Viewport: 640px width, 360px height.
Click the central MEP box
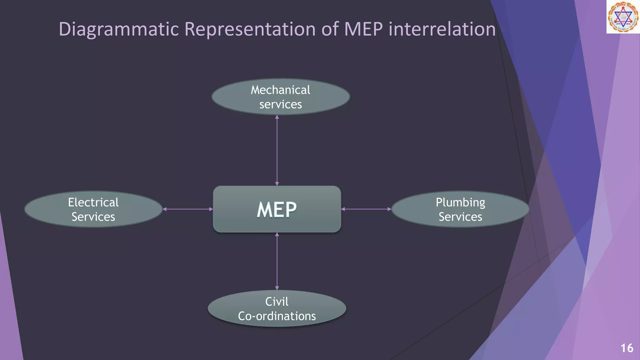point(277,209)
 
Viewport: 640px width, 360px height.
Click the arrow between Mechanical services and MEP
point(277,150)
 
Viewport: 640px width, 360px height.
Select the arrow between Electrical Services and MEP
point(187,209)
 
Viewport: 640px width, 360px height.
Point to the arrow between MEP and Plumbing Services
point(366,209)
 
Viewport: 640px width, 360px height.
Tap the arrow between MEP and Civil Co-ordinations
point(277,261)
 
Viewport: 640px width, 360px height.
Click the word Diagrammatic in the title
point(119,29)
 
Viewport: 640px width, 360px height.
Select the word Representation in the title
point(250,29)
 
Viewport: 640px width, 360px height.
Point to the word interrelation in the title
point(442,29)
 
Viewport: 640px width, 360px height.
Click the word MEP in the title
point(363,29)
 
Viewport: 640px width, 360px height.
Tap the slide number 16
point(627,348)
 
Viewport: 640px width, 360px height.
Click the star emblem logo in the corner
point(623,17)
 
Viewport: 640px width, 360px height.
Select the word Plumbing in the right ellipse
point(460,202)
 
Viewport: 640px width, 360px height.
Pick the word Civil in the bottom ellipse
point(277,302)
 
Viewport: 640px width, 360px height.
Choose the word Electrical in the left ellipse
point(93,202)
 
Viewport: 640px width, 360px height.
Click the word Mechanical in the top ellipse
point(280,90)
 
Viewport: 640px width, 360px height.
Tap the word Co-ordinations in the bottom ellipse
point(277,316)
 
